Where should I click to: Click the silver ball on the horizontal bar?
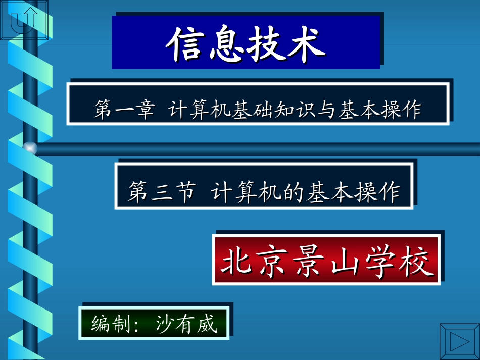(x=30, y=148)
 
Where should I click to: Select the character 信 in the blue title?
(x=186, y=43)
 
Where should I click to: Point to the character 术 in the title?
(x=305, y=43)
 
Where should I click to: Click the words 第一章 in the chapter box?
(x=124, y=110)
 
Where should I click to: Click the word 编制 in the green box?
(x=108, y=324)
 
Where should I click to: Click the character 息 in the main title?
(x=227, y=43)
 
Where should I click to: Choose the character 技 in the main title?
(x=266, y=43)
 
